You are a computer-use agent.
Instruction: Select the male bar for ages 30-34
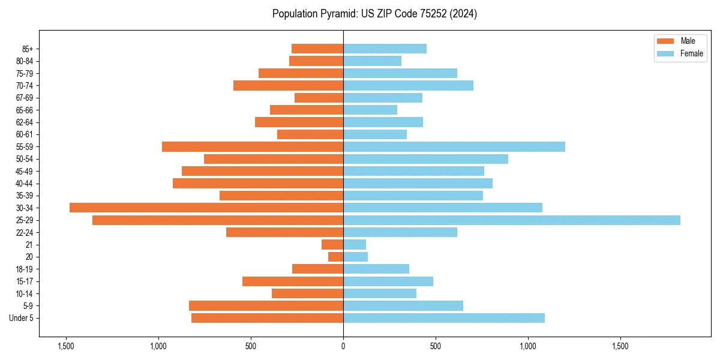pos(206,208)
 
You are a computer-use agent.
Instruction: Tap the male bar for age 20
pos(336,257)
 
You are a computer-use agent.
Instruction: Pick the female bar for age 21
pos(355,245)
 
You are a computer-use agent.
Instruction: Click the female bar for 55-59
pos(454,147)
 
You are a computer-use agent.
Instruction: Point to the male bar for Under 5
pos(267,318)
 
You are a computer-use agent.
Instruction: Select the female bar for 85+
pos(385,49)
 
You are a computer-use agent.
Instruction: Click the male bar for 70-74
pos(288,86)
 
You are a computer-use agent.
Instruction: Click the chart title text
pos(374,14)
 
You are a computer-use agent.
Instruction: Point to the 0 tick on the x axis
pos(343,346)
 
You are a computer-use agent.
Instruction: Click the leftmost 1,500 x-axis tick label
pos(65,346)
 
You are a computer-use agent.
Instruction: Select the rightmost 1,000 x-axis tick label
pos(528,346)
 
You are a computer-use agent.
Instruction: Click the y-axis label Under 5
pos(21,318)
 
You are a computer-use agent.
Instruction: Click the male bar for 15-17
pos(293,281)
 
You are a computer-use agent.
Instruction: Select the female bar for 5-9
pos(403,306)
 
